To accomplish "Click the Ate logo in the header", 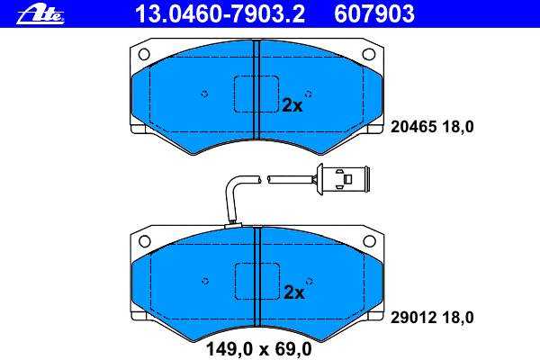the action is coord(40,14).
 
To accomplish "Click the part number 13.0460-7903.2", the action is coord(220,14).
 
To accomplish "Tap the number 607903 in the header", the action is coord(374,14).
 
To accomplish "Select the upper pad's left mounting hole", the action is coord(144,54).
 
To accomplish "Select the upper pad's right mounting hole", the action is coord(369,54).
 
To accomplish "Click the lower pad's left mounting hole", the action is coord(145,241).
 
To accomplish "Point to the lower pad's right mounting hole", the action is coord(370,241).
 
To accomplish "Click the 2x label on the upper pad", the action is coord(292,105).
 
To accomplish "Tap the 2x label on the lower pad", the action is coord(294,292).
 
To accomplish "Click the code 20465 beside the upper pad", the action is coord(414,127).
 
